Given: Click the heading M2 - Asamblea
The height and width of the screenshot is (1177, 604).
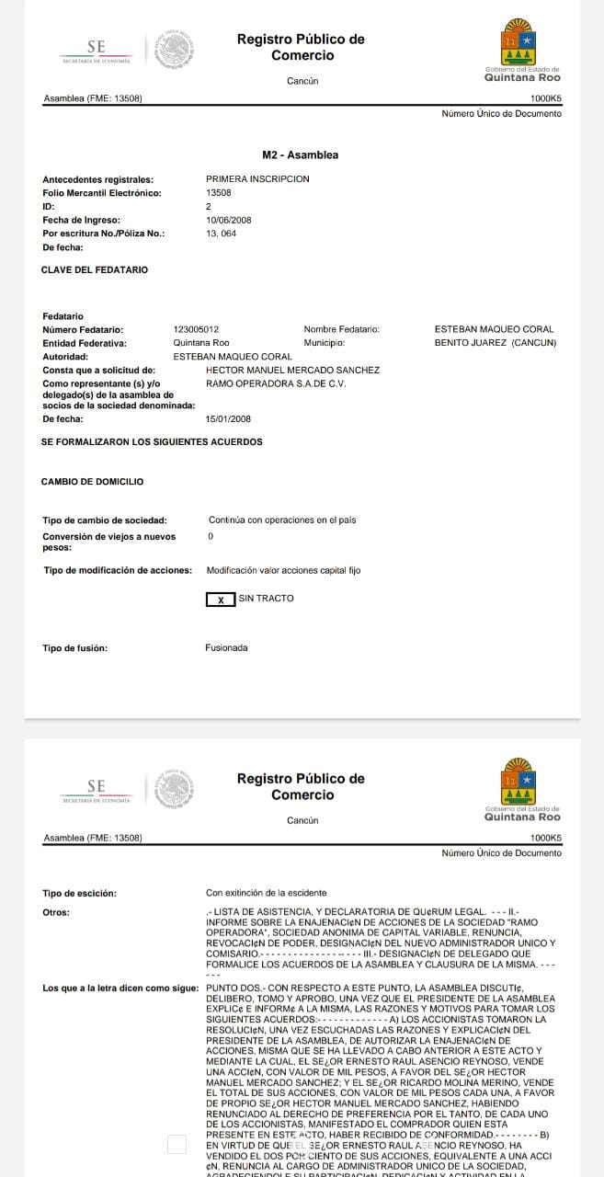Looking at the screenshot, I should pyautogui.click(x=300, y=155).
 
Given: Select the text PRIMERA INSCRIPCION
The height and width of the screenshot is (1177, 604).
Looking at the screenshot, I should pyautogui.click(x=257, y=179).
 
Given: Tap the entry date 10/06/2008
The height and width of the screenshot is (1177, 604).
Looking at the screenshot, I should pyautogui.click(x=229, y=221).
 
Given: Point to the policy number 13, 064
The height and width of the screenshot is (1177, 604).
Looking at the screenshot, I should pyautogui.click(x=222, y=234).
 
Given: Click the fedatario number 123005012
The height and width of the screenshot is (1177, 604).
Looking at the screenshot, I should pyautogui.click(x=196, y=329).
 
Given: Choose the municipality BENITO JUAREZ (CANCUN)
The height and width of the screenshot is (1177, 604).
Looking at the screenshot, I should pyautogui.click(x=495, y=343).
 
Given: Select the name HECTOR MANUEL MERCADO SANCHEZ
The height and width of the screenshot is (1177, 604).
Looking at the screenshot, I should pyautogui.click(x=292, y=370).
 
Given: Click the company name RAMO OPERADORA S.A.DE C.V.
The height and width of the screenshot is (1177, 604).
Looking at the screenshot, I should pyautogui.click(x=276, y=383).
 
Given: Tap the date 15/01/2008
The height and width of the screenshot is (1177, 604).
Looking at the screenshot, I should pyautogui.click(x=229, y=418).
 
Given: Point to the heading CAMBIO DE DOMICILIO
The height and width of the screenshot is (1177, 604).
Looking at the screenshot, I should pyautogui.click(x=92, y=482).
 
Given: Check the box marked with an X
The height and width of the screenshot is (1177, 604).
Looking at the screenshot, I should pyautogui.click(x=220, y=600).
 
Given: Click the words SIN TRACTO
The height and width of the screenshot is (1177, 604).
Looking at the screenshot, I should pyautogui.click(x=267, y=599).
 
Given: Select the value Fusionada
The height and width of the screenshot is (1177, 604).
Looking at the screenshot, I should pyautogui.click(x=226, y=648).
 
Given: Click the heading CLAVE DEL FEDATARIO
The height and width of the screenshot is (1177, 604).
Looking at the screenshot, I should pyautogui.click(x=95, y=270).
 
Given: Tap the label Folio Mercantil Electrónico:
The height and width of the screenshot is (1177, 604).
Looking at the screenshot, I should pyautogui.click(x=102, y=193).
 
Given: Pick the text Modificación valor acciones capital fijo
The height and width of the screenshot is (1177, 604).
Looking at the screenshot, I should pyautogui.click(x=283, y=570).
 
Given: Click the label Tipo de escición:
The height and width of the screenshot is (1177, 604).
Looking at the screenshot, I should pyautogui.click(x=81, y=893).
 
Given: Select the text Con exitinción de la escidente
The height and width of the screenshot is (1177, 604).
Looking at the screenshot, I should pyautogui.click(x=266, y=893).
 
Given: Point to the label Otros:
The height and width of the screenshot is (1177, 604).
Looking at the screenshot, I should pyautogui.click(x=56, y=912).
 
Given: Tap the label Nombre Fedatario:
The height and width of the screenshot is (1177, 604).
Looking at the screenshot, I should pyautogui.click(x=341, y=329).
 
